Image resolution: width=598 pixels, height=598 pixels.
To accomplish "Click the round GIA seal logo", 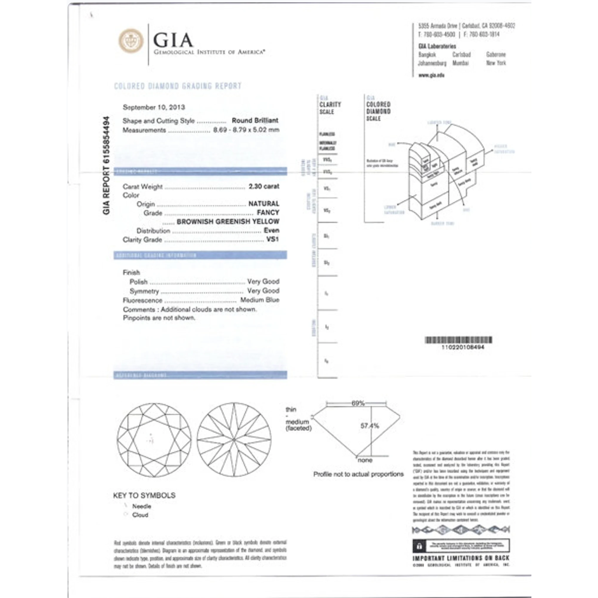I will click(x=131, y=41).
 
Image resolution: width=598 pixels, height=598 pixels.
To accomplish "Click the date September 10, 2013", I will click(x=154, y=107).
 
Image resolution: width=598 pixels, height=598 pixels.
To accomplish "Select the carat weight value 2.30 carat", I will click(x=264, y=187).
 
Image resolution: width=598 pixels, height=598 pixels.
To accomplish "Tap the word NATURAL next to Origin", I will click(x=264, y=204).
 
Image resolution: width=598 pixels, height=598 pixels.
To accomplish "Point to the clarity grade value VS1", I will click(x=273, y=239).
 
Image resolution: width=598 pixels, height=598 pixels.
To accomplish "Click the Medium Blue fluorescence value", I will click(x=259, y=300).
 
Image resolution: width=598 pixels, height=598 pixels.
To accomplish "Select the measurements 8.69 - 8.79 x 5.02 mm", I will click(x=246, y=130).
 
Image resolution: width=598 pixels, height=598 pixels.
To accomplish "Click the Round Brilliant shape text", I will click(x=255, y=120).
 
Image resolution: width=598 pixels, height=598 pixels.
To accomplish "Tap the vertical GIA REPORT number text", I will click(x=106, y=165).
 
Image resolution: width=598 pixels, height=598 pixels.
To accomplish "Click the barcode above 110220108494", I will click(x=458, y=340).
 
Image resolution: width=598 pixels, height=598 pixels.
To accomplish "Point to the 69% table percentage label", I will click(x=358, y=403).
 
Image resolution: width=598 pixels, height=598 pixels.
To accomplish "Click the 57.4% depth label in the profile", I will click(x=369, y=426).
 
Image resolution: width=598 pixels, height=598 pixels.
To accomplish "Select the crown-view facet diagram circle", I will click(x=154, y=440).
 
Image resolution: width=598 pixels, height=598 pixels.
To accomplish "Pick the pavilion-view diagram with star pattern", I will click(x=234, y=440).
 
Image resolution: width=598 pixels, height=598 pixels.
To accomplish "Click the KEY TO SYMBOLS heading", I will click(x=144, y=495).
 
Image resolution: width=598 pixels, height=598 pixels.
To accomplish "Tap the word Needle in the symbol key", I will click(x=142, y=506).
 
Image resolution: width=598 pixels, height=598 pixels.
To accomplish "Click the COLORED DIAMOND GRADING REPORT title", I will click(x=178, y=86).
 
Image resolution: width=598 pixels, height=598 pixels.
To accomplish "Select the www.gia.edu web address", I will click(x=431, y=75).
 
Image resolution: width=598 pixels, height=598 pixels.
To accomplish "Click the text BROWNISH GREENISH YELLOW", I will click(x=228, y=222).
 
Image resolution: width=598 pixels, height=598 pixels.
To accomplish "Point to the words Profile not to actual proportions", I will click(x=359, y=474).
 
